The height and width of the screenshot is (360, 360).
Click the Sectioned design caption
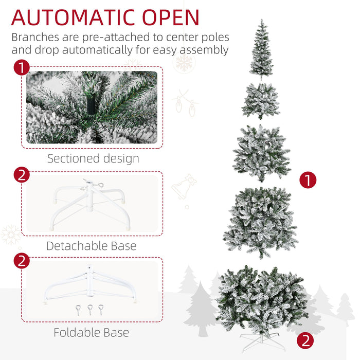(x=93, y=158)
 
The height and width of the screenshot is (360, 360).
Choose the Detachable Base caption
(x=92, y=246)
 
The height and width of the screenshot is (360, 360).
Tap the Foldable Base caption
(x=92, y=333)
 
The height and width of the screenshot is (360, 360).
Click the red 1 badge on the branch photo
(x=21, y=68)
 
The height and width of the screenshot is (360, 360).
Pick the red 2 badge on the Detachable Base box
(x=21, y=174)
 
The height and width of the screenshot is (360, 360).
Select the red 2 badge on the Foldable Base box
(x=21, y=260)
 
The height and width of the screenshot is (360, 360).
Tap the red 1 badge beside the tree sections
(x=308, y=180)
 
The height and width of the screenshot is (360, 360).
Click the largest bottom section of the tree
(x=262, y=298)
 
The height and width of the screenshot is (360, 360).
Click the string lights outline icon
(x=186, y=102)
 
